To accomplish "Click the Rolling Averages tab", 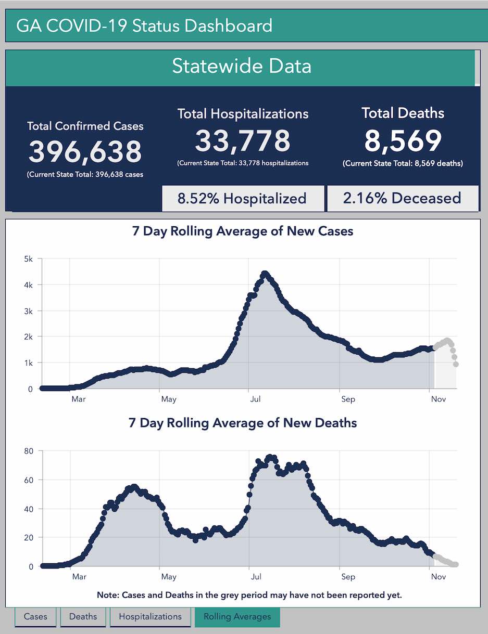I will tap(237, 617).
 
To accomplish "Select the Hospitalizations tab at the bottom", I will tap(150, 617).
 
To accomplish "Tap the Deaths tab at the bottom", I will tap(83, 617).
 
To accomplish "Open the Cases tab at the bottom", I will tap(35, 617).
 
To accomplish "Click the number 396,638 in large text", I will tap(85, 151).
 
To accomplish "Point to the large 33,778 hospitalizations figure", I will tap(243, 141).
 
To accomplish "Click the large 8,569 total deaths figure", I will tap(403, 140).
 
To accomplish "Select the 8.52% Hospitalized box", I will tap(242, 199).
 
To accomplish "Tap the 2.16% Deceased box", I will tap(402, 198).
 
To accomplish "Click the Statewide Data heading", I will tap(242, 67).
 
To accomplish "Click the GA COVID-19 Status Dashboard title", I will tap(144, 25).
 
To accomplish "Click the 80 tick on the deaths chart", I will tap(28, 451).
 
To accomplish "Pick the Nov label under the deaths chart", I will tap(438, 577).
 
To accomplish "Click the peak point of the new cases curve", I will tap(265, 274).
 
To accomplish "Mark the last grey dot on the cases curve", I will tap(456, 364).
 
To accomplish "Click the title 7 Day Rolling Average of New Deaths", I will tap(243, 423).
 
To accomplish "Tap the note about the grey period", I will tap(249, 595).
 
